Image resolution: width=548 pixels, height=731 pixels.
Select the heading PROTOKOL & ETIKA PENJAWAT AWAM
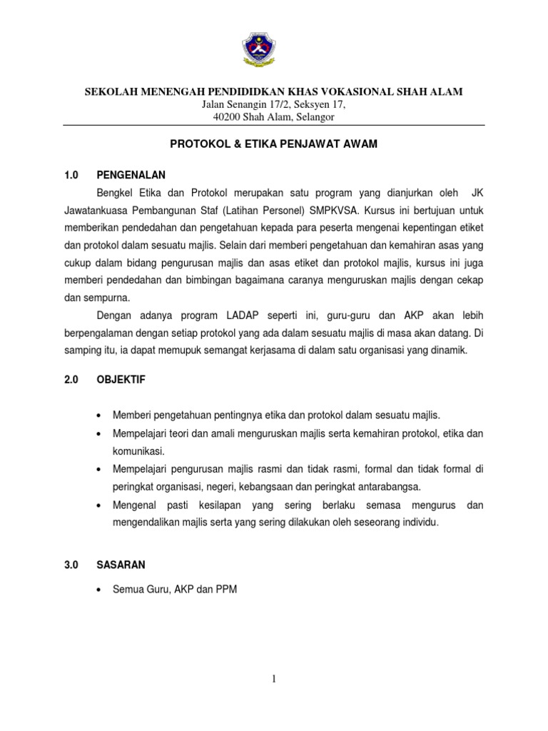click(273, 143)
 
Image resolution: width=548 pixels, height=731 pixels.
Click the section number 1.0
click(70, 173)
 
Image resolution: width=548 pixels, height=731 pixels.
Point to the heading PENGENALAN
click(131, 173)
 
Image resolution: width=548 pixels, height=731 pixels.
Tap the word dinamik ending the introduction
click(447, 351)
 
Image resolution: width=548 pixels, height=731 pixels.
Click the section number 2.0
click(70, 380)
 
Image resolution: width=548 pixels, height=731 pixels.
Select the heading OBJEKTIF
click(121, 380)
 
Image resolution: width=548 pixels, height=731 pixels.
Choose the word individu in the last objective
click(420, 523)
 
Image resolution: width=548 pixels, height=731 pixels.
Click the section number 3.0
click(70, 564)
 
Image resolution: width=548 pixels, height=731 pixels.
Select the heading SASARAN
click(121, 564)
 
